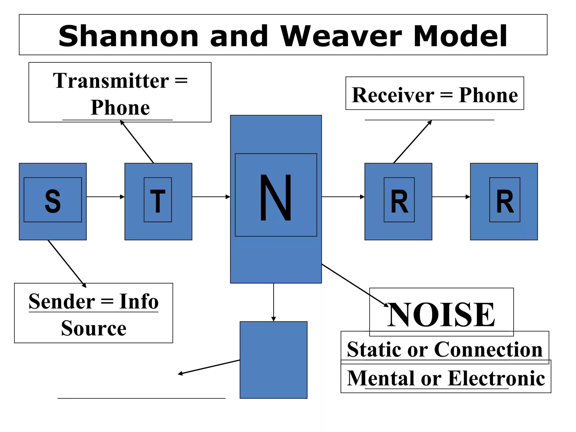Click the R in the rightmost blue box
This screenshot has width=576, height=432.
505,201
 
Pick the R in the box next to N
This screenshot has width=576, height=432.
399,201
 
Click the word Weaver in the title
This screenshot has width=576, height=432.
341,36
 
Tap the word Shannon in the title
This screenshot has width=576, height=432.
129,36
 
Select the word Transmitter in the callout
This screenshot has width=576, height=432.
111,81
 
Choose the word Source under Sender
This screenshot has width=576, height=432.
94,328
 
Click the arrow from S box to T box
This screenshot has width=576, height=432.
105,197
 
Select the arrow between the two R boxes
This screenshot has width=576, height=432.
451,197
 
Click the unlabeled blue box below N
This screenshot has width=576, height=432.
273,360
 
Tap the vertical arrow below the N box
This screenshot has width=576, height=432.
273,302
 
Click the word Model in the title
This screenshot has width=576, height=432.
460,36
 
